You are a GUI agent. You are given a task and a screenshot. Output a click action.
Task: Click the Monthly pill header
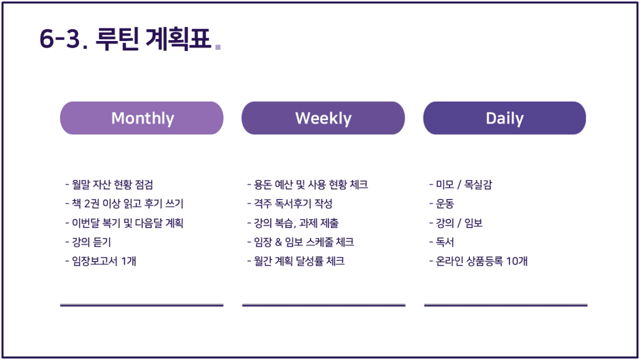[x=142, y=118]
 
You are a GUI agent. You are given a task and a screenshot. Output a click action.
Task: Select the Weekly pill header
[x=323, y=118]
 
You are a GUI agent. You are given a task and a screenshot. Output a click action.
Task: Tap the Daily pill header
[x=505, y=118]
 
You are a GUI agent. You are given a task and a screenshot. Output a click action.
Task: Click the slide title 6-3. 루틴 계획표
[x=125, y=39]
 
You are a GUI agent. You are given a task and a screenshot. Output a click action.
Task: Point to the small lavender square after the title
[x=218, y=47]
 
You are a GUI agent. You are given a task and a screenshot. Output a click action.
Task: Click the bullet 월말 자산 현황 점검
[x=109, y=185]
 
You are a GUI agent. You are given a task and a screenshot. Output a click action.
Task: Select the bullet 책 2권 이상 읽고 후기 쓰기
[x=124, y=204]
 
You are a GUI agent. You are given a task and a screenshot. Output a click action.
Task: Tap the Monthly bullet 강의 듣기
[x=88, y=242]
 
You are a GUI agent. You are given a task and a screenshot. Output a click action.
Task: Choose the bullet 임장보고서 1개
[x=101, y=261]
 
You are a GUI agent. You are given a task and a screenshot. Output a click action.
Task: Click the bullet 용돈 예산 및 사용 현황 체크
[x=307, y=185]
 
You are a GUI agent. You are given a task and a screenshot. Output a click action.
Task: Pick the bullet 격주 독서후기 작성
[x=289, y=204]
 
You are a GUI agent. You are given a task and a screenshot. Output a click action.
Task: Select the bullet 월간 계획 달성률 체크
[x=296, y=261]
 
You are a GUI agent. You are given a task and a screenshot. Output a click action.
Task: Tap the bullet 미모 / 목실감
[x=461, y=185]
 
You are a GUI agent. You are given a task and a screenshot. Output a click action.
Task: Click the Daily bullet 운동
[x=442, y=204]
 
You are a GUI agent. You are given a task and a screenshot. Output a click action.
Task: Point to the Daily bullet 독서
[x=442, y=242]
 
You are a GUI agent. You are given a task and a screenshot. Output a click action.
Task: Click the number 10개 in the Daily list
[x=516, y=261]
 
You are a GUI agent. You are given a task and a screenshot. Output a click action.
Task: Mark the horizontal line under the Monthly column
[x=142, y=305]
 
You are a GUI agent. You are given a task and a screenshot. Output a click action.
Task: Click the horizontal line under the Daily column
[x=506, y=305]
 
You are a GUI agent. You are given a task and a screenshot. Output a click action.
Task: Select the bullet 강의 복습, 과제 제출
[x=293, y=223]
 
